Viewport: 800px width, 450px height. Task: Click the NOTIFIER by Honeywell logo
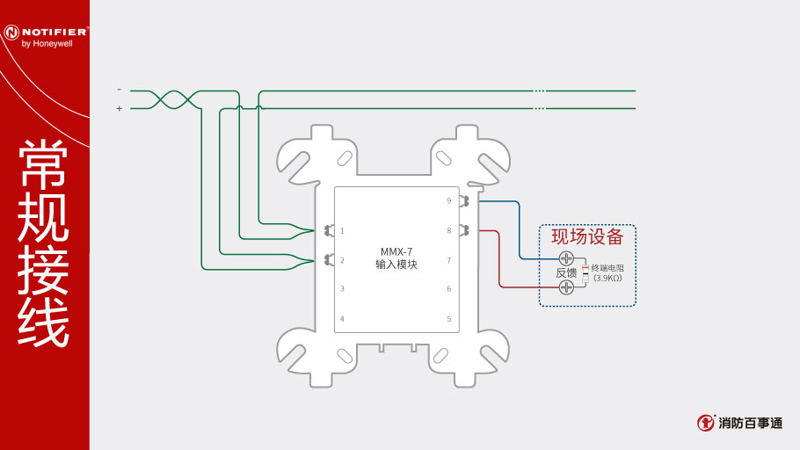45,35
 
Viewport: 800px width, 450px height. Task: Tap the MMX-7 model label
396,250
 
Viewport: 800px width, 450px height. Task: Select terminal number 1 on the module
342,231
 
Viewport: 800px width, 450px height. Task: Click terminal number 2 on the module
342,260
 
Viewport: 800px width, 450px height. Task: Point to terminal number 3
342,288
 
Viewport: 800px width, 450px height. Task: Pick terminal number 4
342,318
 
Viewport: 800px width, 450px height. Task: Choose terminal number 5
448,318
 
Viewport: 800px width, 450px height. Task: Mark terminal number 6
448,288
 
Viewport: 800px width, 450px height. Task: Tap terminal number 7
448,260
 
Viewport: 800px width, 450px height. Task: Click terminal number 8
448,231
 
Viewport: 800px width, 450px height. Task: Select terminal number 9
448,201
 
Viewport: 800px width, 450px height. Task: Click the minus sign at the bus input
120,90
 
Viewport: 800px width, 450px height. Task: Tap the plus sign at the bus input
120,109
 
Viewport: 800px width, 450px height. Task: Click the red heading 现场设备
587,236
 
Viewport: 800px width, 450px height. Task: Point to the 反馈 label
566,272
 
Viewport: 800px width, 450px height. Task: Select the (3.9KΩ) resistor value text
607,278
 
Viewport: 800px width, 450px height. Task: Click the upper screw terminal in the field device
567,258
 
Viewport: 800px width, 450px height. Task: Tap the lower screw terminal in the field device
567,287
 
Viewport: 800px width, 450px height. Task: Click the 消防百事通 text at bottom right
750,423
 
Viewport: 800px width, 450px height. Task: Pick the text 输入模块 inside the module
396,264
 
